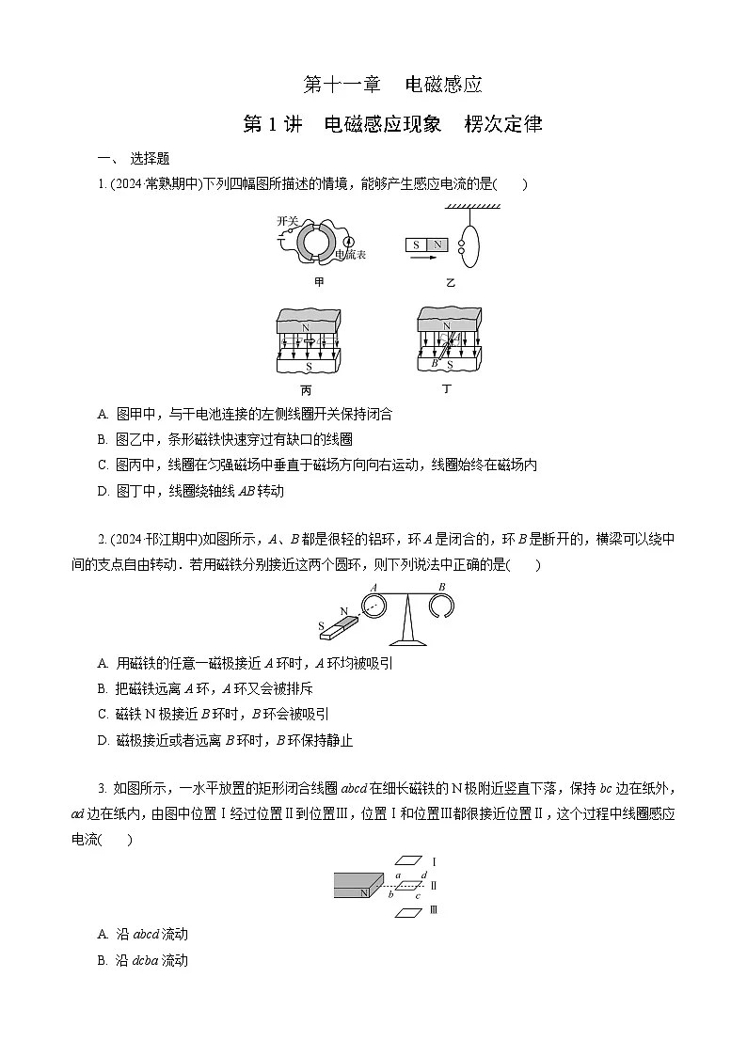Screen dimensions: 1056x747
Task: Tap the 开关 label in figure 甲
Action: pyautogui.click(x=287, y=221)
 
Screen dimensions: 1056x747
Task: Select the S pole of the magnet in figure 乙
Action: pyautogui.click(x=415, y=244)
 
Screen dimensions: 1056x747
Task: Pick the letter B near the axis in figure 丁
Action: pyautogui.click(x=435, y=362)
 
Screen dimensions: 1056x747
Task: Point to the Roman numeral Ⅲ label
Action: pyautogui.click(x=434, y=910)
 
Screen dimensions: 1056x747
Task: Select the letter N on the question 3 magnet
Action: pyautogui.click(x=363, y=892)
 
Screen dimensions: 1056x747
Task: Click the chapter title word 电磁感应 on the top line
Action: pyautogui.click(x=443, y=85)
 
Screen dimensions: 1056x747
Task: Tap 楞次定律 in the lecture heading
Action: pyautogui.click(x=503, y=124)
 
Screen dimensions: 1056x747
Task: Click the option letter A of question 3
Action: pyautogui.click(x=103, y=934)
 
